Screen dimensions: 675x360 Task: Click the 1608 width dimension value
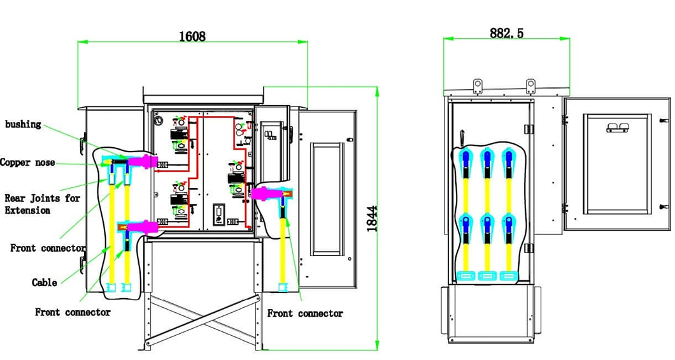[192, 36]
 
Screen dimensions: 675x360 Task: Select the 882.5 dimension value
[507, 33]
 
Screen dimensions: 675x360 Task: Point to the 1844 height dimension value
[373, 219]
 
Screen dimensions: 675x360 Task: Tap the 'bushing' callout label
[23, 124]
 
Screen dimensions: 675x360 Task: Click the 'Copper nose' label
[27, 162]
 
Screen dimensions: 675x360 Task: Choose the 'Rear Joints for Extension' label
[42, 204]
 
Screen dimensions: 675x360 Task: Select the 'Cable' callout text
[45, 282]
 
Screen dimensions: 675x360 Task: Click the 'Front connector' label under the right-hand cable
[305, 313]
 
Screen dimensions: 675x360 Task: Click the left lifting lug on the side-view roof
[478, 86]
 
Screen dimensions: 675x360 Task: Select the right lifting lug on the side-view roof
[531, 86]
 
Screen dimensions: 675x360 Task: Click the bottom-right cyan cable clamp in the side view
[508, 276]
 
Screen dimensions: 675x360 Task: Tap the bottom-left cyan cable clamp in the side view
[465, 276]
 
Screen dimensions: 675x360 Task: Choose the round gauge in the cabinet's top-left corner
[159, 120]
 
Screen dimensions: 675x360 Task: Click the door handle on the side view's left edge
[462, 138]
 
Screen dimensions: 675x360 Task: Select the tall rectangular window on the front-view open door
[327, 199]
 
